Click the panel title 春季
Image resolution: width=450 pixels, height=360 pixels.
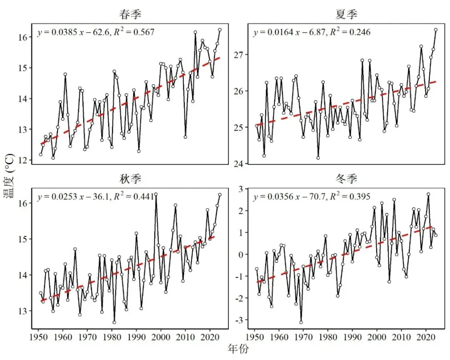click(x=130, y=14)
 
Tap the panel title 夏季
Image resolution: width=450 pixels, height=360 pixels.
click(x=346, y=14)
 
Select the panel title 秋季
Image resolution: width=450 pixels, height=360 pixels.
click(x=130, y=179)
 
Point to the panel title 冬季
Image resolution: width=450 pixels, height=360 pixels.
click(x=346, y=179)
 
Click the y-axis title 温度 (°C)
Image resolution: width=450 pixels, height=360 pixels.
click(x=9, y=176)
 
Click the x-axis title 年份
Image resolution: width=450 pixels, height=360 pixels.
click(x=238, y=349)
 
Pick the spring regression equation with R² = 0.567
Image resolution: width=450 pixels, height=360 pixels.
click(x=96, y=32)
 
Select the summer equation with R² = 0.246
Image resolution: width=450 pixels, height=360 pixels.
click(x=312, y=32)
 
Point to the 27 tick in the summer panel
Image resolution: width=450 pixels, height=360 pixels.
click(x=239, y=55)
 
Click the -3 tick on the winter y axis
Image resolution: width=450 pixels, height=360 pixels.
click(x=239, y=320)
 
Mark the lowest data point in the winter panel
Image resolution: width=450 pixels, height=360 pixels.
click(x=301, y=322)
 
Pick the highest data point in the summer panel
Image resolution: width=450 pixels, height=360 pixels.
click(x=436, y=30)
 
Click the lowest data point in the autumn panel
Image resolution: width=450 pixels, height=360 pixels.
click(x=114, y=322)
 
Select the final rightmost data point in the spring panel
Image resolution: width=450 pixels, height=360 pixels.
click(x=220, y=30)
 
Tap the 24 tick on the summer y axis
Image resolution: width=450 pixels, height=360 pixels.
click(x=239, y=164)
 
